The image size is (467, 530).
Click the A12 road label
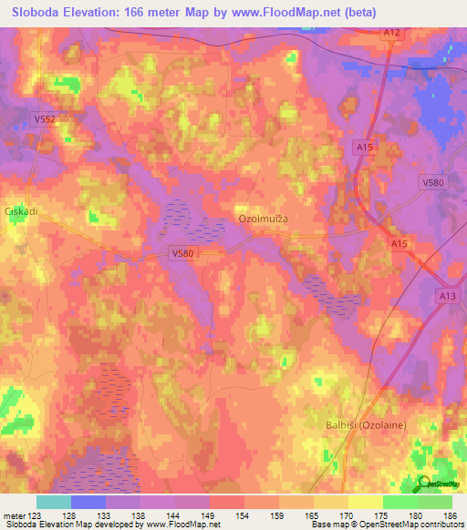click(390, 33)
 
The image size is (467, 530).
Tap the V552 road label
click(45, 118)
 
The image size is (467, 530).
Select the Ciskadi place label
click(19, 210)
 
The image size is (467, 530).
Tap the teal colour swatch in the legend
click(54, 502)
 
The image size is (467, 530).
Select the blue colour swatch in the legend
click(88, 502)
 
